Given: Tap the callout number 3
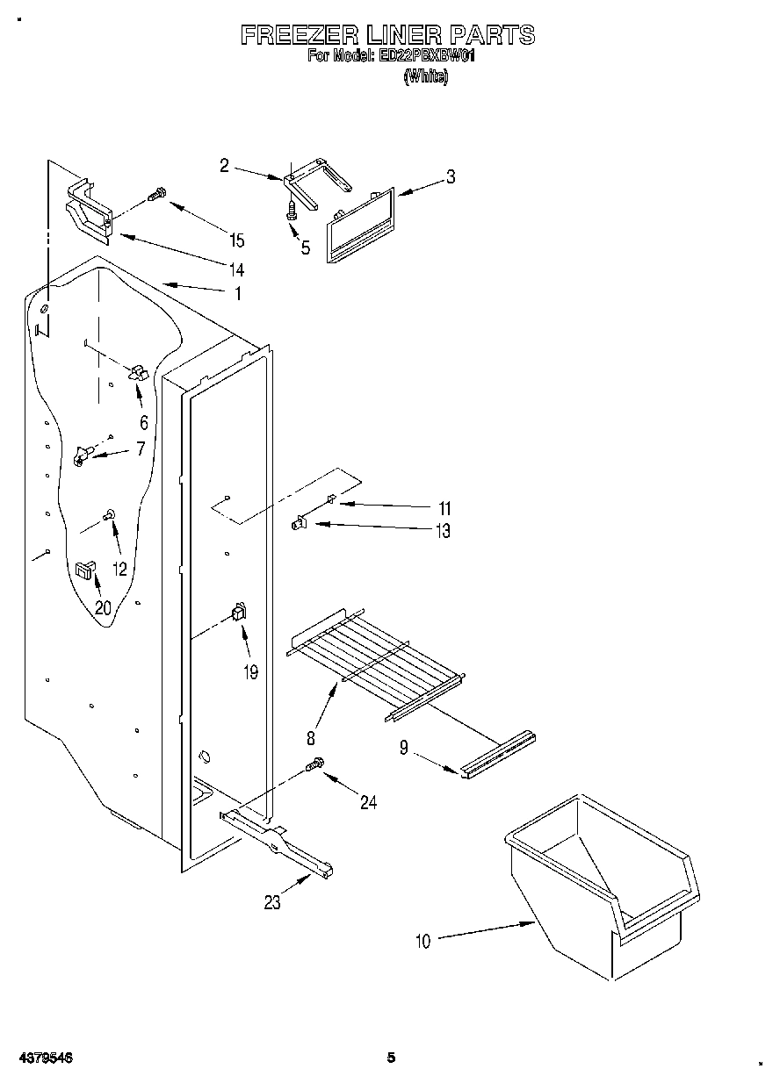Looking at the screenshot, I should pos(450,176).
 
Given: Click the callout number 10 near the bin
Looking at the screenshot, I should pos(423,942).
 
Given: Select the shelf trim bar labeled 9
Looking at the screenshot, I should pos(496,755).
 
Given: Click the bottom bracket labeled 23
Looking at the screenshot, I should pos(278,843).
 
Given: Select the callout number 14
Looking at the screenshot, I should pos(236,269).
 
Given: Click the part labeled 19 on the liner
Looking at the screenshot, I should pos(237,613).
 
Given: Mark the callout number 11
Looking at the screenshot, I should pos(444,508).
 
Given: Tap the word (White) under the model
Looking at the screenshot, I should pos(425,77).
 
